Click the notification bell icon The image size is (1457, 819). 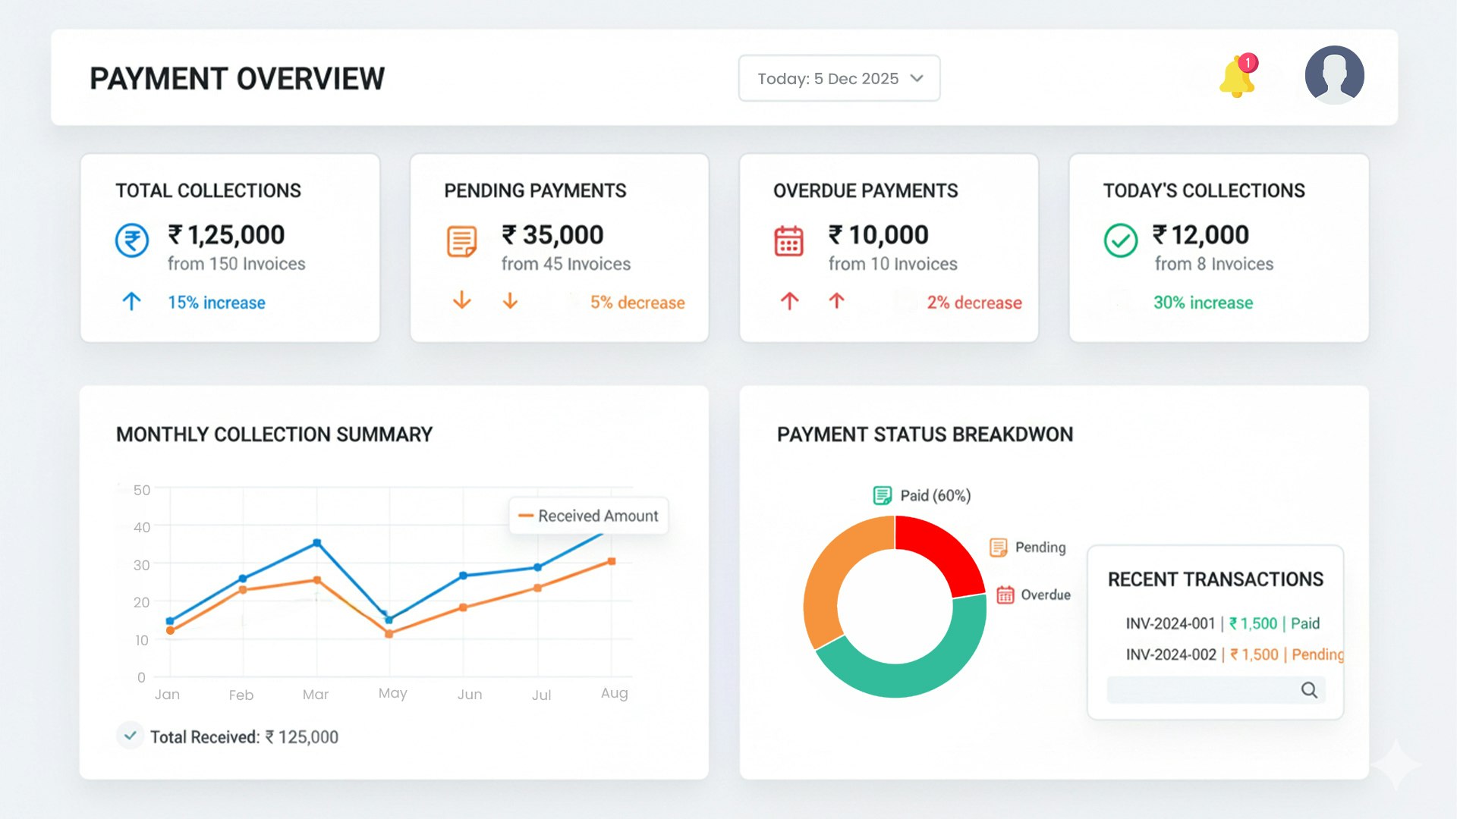coord(1237,77)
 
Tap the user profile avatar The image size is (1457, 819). coord(1334,75)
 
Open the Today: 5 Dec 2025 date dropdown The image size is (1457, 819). coord(839,79)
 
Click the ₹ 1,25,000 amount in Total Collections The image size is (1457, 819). coord(226,235)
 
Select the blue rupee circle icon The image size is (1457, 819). coord(132,240)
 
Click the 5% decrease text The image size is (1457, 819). coord(637,303)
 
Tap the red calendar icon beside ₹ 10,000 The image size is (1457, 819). coord(788,241)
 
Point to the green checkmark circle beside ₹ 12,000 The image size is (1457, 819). coord(1120,240)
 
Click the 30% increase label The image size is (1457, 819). coord(1203,303)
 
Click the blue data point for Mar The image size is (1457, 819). coord(316,543)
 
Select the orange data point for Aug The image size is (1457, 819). coord(612,562)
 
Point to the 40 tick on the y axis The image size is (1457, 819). coord(142,527)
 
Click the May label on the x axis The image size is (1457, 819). coord(392,693)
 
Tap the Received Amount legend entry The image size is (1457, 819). coord(589,516)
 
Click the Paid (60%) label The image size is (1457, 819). coord(935,496)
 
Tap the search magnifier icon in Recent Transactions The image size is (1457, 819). coord(1309,690)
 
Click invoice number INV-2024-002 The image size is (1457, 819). coord(1170,654)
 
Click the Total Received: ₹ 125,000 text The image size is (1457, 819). coord(244,737)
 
